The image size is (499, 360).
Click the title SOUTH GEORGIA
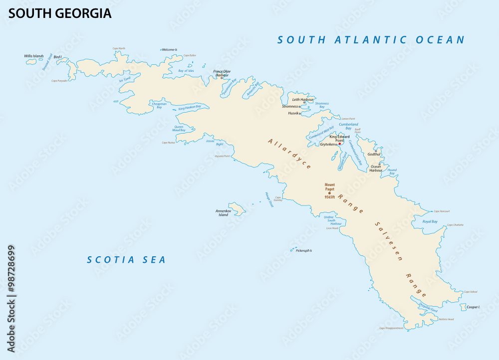(x=60, y=13)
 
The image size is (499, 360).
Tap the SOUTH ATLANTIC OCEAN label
(x=371, y=40)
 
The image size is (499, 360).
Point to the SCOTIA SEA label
(x=126, y=260)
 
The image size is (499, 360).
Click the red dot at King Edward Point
(x=339, y=144)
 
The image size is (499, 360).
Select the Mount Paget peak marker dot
(x=329, y=192)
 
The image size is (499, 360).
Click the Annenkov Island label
(x=223, y=213)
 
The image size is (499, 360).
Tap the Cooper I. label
(x=473, y=307)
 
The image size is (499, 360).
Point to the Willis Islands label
(x=34, y=56)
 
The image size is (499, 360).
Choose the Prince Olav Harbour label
(x=222, y=73)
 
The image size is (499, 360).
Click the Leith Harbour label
(x=303, y=99)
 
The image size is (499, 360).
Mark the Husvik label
(x=293, y=113)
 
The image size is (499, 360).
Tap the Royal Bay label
(x=430, y=221)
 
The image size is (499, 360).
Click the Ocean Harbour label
(x=376, y=169)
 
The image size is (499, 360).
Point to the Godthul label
(x=374, y=154)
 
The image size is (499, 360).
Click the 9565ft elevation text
(x=329, y=197)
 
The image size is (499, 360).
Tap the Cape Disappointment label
(x=391, y=328)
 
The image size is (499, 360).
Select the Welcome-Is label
(x=170, y=50)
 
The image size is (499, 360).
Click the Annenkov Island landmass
(x=237, y=209)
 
